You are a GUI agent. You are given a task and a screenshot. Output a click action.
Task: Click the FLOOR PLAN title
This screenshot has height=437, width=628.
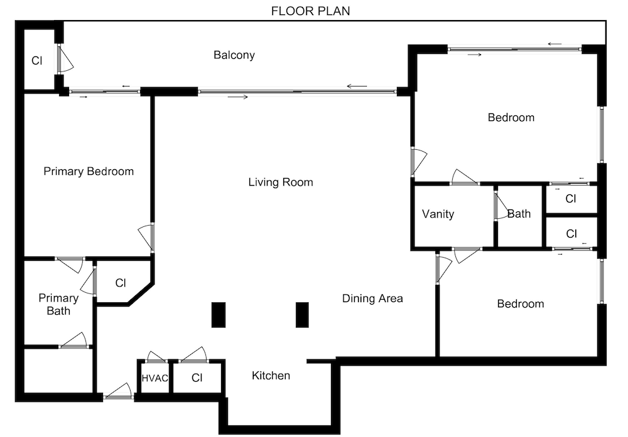click(x=310, y=11)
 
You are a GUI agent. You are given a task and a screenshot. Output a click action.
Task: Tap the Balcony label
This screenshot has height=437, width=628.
click(x=234, y=55)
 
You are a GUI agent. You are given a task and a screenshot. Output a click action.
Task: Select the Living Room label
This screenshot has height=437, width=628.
click(x=280, y=182)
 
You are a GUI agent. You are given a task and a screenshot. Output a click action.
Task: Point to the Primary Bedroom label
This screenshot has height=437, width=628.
click(x=89, y=171)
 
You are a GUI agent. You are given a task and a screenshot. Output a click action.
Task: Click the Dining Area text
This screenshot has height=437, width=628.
click(x=372, y=298)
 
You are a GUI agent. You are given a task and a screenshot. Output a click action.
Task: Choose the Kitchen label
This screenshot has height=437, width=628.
click(x=271, y=376)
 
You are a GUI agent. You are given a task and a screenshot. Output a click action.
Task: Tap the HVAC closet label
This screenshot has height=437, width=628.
click(x=155, y=378)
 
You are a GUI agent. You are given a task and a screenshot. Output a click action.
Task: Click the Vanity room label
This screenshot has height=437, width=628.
click(x=438, y=214)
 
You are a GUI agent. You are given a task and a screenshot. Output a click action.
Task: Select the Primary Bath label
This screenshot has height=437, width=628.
click(x=58, y=304)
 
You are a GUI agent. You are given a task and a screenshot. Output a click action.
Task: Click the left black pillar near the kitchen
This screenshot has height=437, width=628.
click(x=219, y=315)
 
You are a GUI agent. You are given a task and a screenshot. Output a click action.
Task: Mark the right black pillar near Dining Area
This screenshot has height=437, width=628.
click(x=302, y=315)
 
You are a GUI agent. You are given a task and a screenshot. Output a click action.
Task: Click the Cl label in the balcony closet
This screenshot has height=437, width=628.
click(x=37, y=60)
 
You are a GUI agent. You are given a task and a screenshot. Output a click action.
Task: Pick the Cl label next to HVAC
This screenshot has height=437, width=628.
click(x=197, y=378)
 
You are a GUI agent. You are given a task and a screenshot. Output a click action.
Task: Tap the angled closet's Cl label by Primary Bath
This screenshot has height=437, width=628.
click(x=121, y=283)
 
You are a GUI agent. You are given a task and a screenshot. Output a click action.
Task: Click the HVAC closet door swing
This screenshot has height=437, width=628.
click(x=156, y=357)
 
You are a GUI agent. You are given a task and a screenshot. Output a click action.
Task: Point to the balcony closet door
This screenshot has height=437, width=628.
click(x=65, y=59)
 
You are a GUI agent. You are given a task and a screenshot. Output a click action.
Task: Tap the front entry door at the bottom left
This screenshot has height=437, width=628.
click(x=119, y=392)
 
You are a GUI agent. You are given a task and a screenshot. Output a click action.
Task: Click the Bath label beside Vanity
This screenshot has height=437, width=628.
click(x=519, y=214)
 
